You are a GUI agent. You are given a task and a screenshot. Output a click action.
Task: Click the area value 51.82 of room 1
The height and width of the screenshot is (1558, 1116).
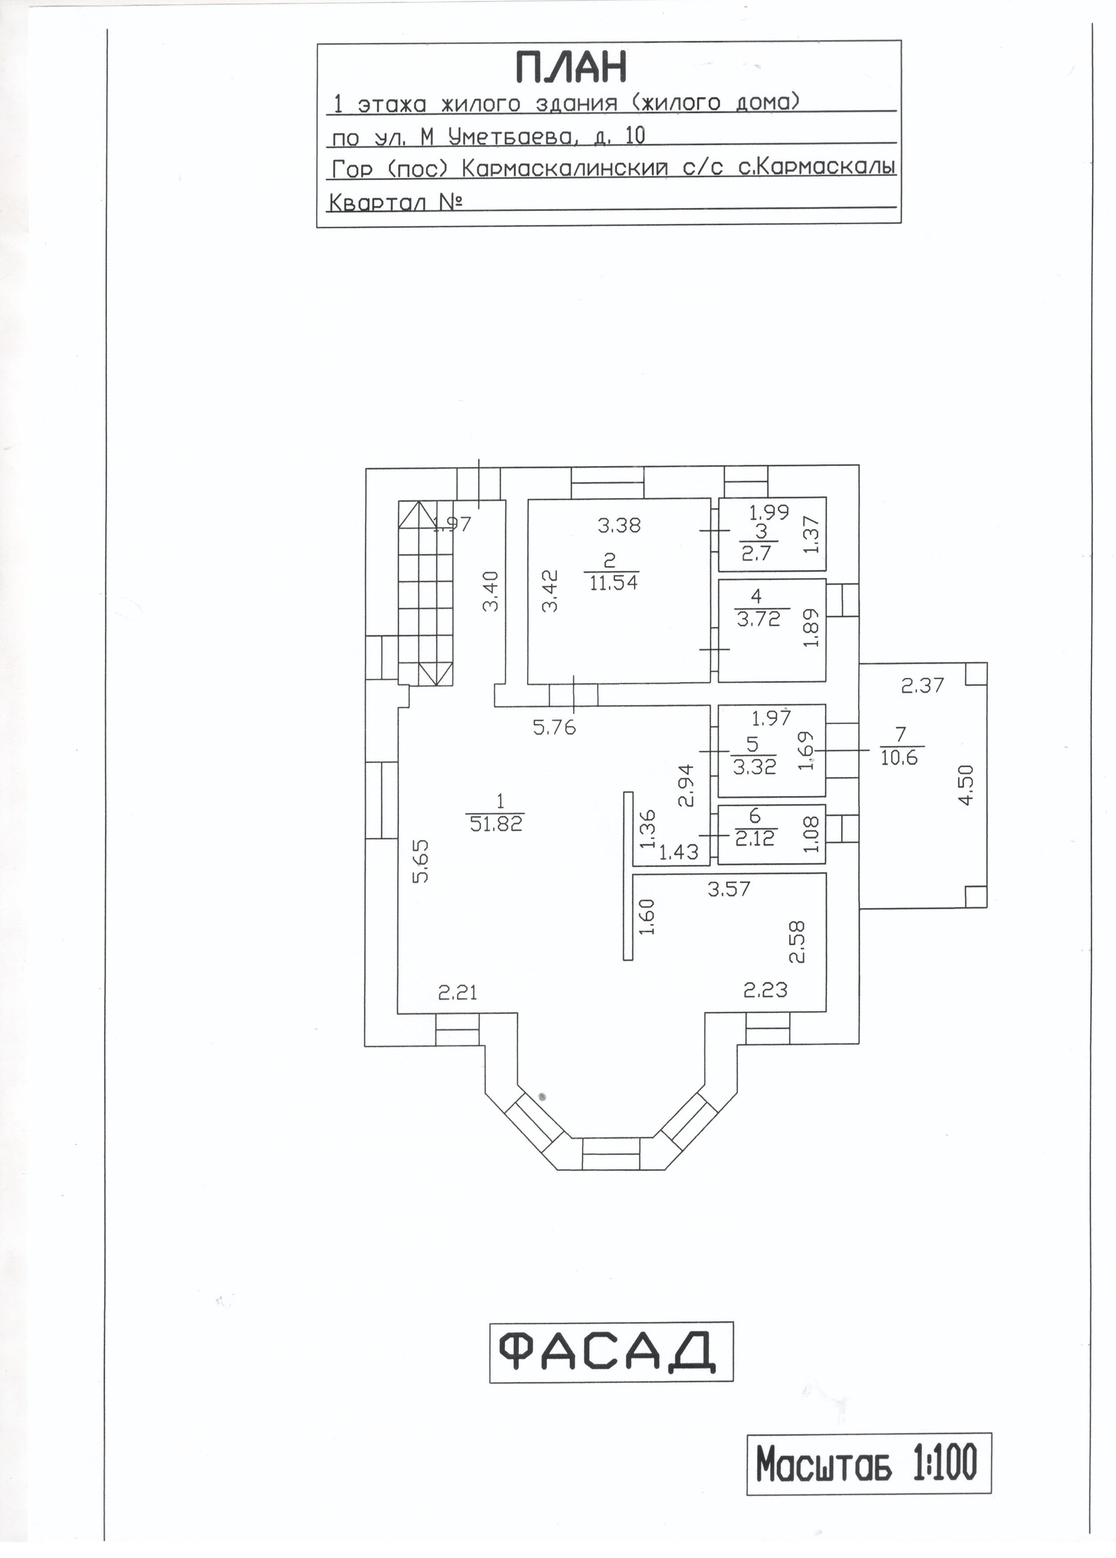click(x=497, y=823)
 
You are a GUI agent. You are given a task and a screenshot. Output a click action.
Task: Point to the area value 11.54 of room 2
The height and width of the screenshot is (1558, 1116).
click(x=613, y=584)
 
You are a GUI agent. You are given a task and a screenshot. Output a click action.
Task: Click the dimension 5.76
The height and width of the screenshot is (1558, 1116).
click(x=554, y=728)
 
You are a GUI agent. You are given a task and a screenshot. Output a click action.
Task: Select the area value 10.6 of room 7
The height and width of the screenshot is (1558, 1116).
click(x=899, y=758)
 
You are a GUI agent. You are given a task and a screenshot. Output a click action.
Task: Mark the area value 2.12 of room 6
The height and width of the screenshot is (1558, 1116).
click(x=754, y=838)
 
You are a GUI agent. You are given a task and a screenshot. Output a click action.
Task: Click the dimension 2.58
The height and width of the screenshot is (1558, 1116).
click(x=797, y=942)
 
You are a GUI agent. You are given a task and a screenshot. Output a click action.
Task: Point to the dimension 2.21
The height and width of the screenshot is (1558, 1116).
click(x=457, y=992)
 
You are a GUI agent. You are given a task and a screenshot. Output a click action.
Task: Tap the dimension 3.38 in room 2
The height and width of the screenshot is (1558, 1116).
click(x=618, y=526)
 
